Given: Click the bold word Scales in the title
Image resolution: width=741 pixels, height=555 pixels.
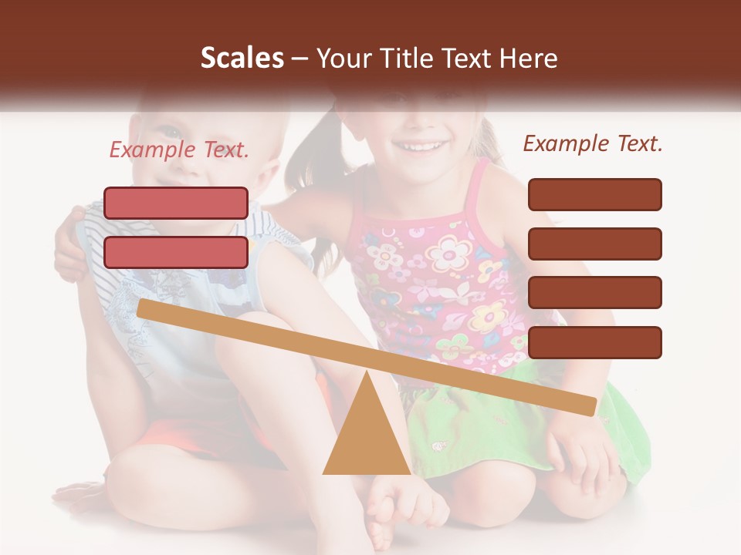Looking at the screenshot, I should pos(242,59).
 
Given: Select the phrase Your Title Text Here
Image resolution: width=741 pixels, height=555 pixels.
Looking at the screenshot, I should pos(437,59).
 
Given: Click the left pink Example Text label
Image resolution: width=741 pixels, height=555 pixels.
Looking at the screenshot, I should pos(179,150).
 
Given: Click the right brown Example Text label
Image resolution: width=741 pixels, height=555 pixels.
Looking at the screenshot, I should pos(593,143).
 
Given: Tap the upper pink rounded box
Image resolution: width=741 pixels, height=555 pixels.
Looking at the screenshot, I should pos(176,203).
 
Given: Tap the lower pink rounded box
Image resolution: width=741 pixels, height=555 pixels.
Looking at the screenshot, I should pos(176,252).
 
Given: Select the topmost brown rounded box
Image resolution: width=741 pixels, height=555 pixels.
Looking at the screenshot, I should pos(594,194).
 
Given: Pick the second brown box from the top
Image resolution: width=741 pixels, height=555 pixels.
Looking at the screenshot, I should pos(594,244).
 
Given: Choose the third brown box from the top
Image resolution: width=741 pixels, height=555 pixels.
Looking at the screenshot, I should pos(594,292).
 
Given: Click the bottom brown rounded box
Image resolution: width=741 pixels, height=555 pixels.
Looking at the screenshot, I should pos(594,342).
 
